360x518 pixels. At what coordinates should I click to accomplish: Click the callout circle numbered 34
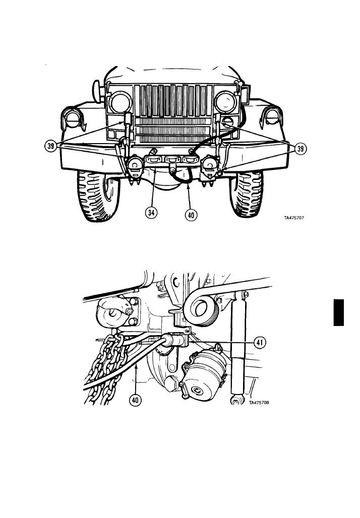[151, 213]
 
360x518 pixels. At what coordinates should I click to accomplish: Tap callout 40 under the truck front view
[191, 215]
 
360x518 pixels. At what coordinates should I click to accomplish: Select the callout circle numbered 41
[260, 343]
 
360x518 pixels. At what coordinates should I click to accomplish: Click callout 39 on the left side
[50, 146]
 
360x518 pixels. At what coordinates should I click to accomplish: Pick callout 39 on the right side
[300, 149]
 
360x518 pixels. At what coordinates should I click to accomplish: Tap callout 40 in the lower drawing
[135, 401]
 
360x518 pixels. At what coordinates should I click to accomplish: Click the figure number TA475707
[294, 218]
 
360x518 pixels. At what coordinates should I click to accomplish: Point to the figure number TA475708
[259, 403]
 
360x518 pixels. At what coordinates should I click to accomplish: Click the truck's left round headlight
[120, 102]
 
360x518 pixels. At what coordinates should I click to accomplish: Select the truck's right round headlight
[226, 102]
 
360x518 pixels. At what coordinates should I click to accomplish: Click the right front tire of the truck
[246, 193]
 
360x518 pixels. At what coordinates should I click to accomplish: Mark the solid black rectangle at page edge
[338, 312]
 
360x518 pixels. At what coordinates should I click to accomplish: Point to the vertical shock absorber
[238, 347]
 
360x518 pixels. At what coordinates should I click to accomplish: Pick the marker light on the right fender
[273, 116]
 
